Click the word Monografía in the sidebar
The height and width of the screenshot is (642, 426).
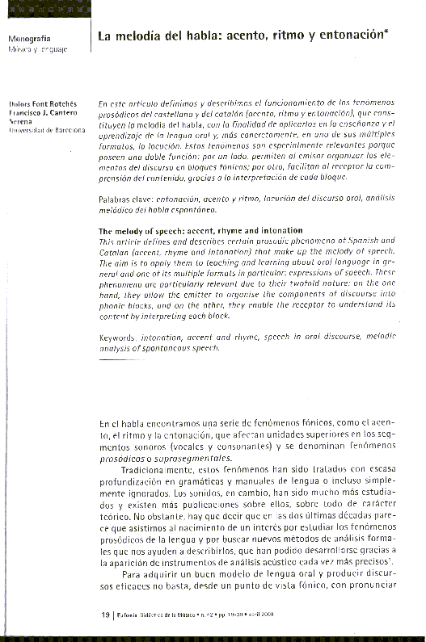click(29, 38)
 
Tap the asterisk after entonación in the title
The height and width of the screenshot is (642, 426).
click(385, 32)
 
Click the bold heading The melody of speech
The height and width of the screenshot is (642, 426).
click(146, 230)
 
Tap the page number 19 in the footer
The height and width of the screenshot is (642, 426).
click(105, 615)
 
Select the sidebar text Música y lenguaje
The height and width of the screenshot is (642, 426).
click(37, 49)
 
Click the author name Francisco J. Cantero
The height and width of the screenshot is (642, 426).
click(42, 114)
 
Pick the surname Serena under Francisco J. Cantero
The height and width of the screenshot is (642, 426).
click(21, 122)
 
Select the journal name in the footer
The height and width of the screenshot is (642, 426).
click(157, 615)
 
